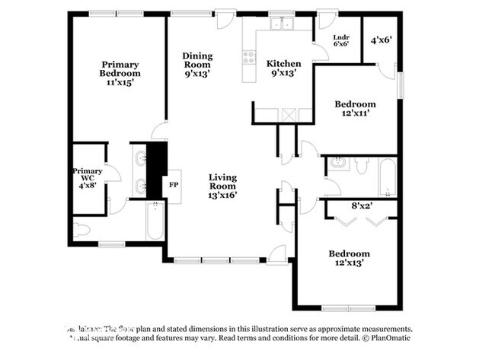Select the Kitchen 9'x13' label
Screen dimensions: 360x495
point(283,68)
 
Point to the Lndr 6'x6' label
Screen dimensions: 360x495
point(341,40)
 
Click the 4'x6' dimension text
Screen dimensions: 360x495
point(380,40)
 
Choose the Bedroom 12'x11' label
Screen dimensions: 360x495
point(356,108)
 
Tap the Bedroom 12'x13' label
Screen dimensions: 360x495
point(349,258)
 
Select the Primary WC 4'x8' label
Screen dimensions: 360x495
point(88,177)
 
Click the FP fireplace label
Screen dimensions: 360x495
point(173,185)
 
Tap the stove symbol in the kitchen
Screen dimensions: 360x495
point(247,54)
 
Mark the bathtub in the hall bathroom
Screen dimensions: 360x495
point(387,177)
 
